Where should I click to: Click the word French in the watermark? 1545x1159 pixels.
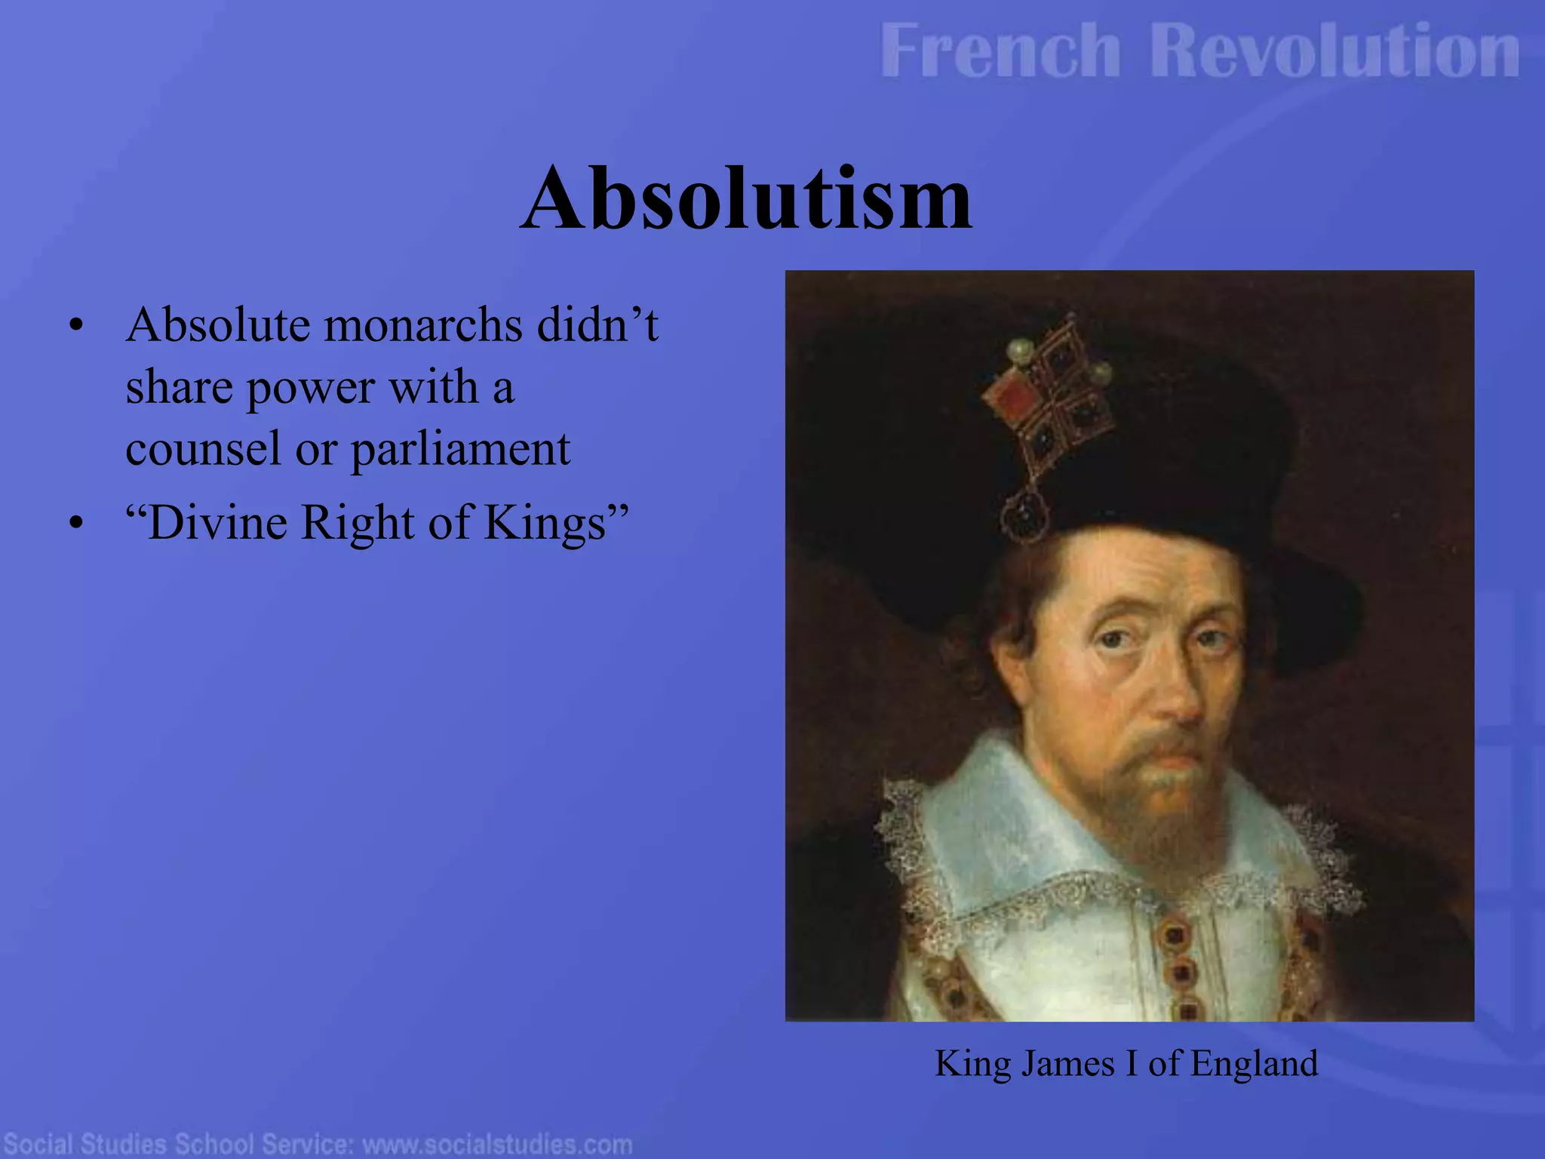[x=1000, y=51]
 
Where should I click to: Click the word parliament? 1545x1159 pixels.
[x=460, y=449]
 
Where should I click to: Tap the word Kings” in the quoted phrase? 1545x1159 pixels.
[x=556, y=522]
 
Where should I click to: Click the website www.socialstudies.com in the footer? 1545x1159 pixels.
[x=497, y=1144]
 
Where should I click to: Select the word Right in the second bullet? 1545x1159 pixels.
[x=357, y=522]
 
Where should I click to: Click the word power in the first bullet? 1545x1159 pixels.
[x=311, y=388]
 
